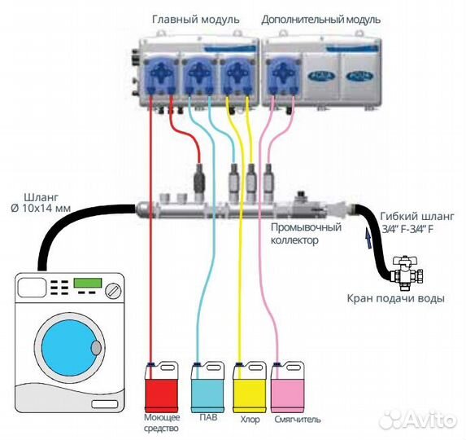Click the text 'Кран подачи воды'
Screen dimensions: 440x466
point(396,299)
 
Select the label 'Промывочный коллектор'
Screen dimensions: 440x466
point(300,235)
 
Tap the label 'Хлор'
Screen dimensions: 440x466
point(250,420)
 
